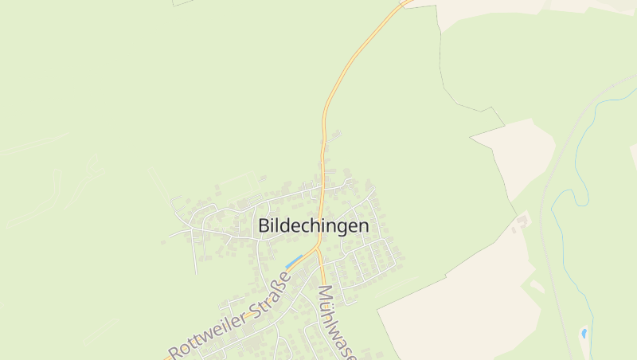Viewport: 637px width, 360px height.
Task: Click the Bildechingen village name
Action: [314, 226]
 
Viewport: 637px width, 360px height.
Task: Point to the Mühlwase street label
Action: [336, 323]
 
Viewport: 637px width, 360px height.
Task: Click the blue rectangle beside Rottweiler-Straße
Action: [294, 260]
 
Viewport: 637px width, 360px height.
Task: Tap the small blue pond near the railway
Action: [584, 332]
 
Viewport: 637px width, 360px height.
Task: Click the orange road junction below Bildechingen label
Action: [318, 248]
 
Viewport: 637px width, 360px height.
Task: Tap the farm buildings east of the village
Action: [523, 219]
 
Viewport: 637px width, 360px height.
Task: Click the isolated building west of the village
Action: [163, 242]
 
